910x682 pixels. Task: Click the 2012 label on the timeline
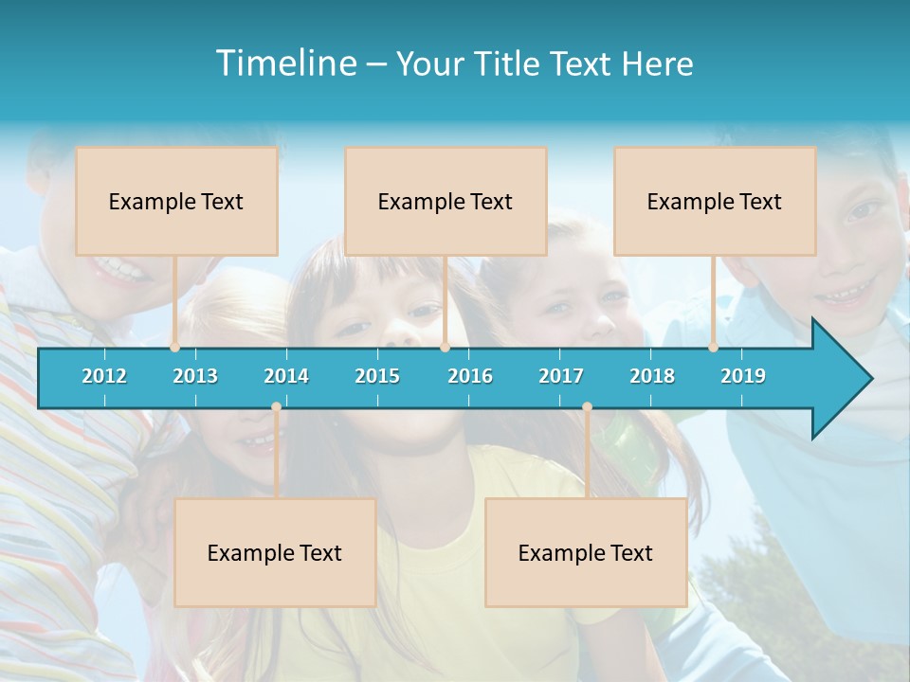tap(104, 376)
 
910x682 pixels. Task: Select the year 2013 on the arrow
tap(195, 376)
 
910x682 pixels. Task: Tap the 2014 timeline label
tap(286, 376)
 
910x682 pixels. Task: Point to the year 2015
tap(377, 376)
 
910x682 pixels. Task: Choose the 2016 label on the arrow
tap(470, 376)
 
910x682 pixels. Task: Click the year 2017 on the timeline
tap(561, 376)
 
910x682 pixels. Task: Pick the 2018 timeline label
tap(652, 376)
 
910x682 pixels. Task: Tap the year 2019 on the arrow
tap(743, 376)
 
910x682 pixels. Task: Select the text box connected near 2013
tap(176, 201)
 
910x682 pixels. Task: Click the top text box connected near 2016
tap(446, 201)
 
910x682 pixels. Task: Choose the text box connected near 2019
tap(715, 201)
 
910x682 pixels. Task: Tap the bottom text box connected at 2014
tap(275, 552)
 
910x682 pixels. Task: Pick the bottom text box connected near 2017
tap(586, 552)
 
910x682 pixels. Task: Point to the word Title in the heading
tap(511, 63)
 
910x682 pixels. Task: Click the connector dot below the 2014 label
tap(276, 406)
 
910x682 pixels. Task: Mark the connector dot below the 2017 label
tap(587, 406)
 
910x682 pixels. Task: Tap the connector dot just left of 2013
tap(175, 348)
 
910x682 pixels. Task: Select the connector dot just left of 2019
tap(713, 348)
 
